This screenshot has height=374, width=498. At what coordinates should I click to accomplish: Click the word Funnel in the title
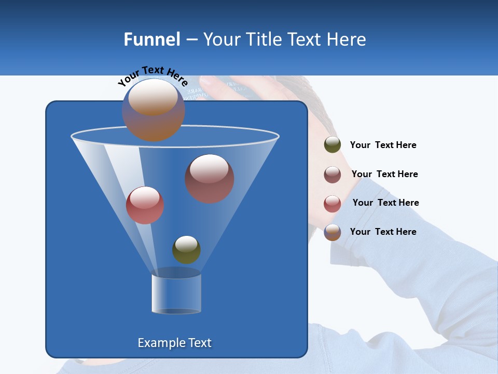(x=151, y=39)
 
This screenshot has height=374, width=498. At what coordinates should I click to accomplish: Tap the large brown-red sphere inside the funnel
(x=210, y=179)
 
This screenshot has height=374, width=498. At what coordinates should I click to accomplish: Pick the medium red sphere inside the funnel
(x=145, y=206)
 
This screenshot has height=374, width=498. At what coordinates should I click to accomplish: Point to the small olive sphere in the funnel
(x=186, y=250)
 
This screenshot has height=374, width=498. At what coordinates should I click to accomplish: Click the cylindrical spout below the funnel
(x=176, y=294)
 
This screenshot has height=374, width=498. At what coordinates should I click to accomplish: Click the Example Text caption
(x=174, y=343)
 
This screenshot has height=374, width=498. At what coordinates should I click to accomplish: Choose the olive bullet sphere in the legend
(x=333, y=145)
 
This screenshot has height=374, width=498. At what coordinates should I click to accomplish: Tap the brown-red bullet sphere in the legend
(x=333, y=174)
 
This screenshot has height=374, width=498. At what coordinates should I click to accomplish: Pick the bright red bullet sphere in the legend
(x=333, y=203)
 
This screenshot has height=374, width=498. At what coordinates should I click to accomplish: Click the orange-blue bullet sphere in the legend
(x=333, y=232)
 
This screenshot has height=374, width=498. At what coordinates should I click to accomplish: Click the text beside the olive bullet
(x=383, y=145)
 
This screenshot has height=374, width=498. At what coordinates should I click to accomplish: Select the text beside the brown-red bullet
(x=384, y=174)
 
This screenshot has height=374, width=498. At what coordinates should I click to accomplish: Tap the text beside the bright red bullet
(x=385, y=203)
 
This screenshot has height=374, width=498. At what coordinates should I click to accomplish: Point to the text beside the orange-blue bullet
(x=383, y=232)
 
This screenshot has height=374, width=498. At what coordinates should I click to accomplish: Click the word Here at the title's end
(x=347, y=39)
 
